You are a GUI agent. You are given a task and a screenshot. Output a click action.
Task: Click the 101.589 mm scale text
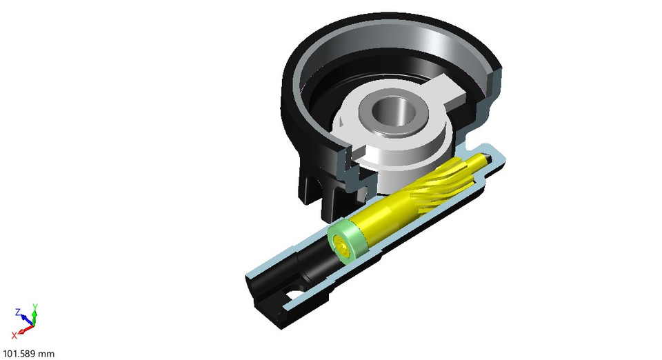click(x=29, y=354)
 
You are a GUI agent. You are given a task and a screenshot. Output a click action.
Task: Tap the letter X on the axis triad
click(x=14, y=336)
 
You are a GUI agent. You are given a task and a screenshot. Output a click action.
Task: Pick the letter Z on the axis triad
click(x=18, y=311)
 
